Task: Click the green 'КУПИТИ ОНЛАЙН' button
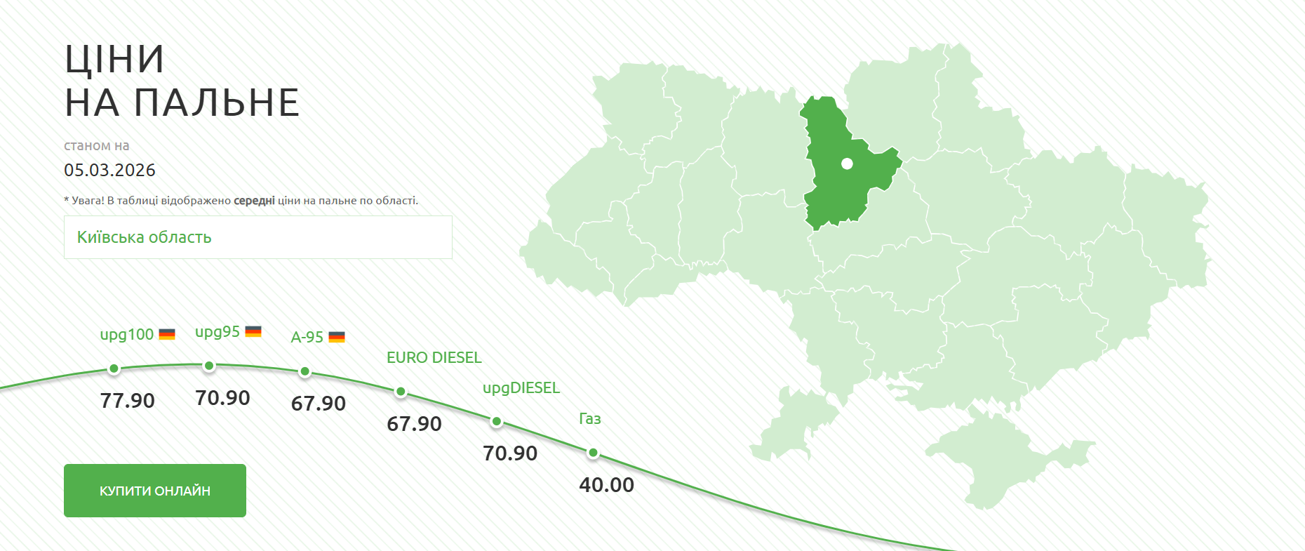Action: tap(155, 491)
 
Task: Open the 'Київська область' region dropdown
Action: tap(257, 237)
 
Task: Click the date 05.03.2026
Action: tap(109, 171)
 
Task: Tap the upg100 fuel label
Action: tap(127, 335)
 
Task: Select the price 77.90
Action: tap(128, 401)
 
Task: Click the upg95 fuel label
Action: tap(217, 332)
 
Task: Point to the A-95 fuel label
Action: tap(307, 338)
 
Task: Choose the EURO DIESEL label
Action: tap(434, 358)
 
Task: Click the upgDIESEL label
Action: tap(521, 388)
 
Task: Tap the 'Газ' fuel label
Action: tap(590, 419)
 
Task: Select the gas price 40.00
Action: tap(607, 485)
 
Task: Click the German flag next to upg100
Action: tap(167, 335)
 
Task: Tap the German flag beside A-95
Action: tap(337, 338)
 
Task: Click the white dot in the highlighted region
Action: tap(847, 164)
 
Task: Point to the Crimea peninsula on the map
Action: tap(996, 460)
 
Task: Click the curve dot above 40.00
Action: tap(594, 453)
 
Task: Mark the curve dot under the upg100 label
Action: tap(114, 369)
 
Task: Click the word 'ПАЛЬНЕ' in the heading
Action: tap(217, 103)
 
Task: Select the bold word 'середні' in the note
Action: tap(254, 201)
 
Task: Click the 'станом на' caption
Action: tap(97, 146)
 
